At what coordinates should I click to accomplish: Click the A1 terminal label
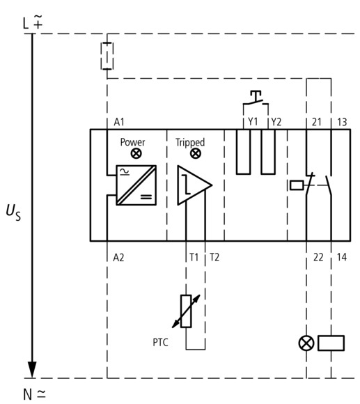[x=119, y=122]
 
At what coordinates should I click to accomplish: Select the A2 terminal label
[x=118, y=258]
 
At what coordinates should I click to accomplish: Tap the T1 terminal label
[x=194, y=257]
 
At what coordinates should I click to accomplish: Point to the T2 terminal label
[x=214, y=257]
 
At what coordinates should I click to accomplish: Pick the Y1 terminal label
[x=253, y=121]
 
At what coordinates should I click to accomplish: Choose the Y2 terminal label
[x=276, y=122]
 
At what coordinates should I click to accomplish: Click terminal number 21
[x=317, y=122]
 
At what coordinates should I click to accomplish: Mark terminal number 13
[x=342, y=122]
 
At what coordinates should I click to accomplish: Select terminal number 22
[x=318, y=257]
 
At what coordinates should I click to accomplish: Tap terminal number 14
[x=342, y=257]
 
